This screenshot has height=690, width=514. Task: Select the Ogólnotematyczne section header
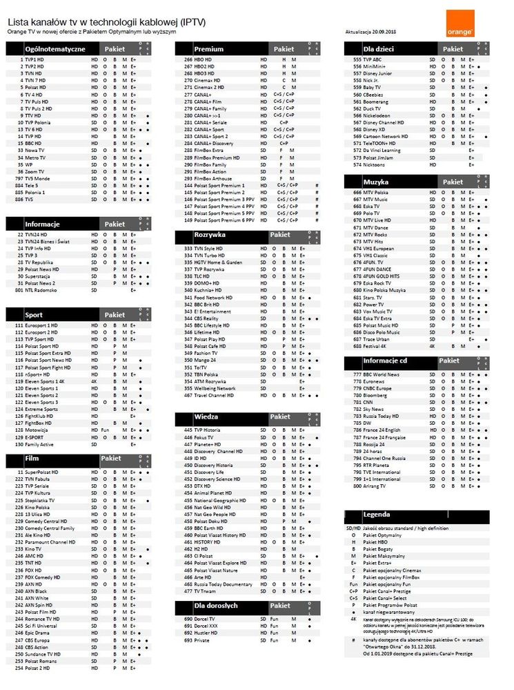coord(55,49)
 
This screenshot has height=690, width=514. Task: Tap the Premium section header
coord(208,49)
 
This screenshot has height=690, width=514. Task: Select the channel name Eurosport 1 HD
coord(41,325)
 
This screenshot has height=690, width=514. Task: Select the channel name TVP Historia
coord(206,430)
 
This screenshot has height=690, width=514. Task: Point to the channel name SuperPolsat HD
coord(42,472)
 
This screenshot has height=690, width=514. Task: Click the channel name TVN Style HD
coord(208,248)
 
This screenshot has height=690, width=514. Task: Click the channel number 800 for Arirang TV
coord(357,486)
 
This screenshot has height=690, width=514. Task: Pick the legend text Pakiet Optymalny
coord(384,535)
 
